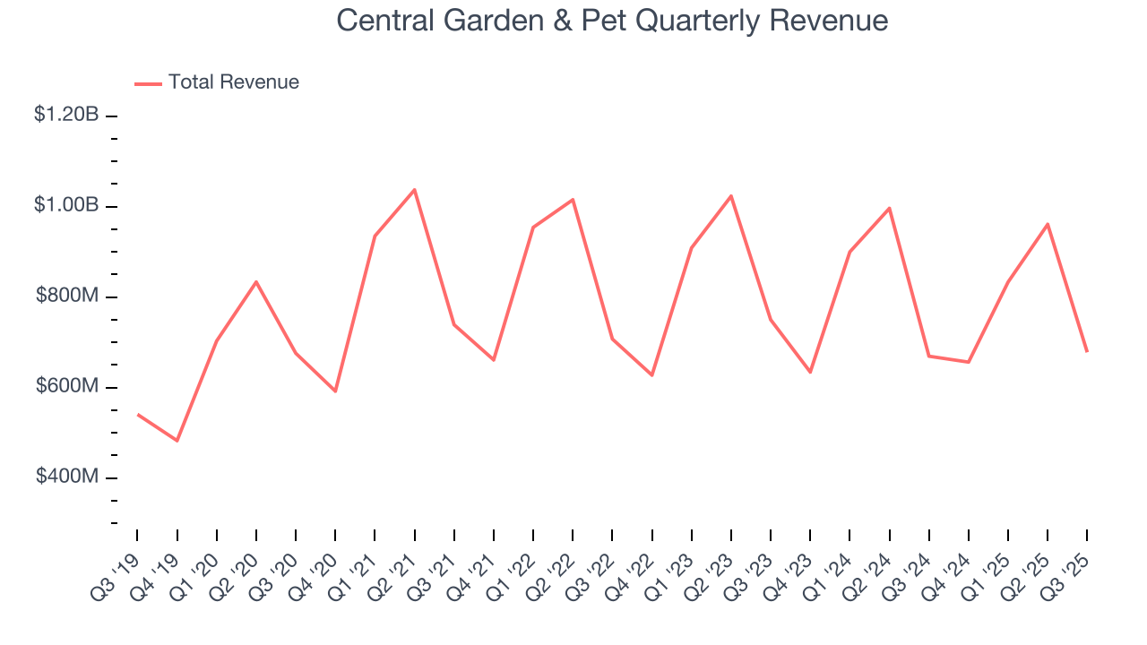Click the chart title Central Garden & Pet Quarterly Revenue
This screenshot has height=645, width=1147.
tap(612, 21)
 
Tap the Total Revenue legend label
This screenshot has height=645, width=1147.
tap(233, 82)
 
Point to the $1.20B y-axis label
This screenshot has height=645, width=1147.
tap(66, 115)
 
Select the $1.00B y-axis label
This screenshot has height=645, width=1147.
tap(66, 205)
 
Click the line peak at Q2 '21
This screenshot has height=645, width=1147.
tap(414, 190)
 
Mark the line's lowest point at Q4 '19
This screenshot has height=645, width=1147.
tap(177, 441)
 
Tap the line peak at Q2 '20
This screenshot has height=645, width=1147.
tap(256, 282)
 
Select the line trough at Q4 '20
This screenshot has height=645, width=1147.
tap(335, 391)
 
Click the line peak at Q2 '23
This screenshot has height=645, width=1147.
tap(731, 196)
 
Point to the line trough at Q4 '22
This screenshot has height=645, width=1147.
tap(651, 375)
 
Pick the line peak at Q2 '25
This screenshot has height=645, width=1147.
tap(1048, 224)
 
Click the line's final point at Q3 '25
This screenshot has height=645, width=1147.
tap(1087, 352)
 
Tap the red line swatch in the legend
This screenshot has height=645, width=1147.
tap(148, 83)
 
